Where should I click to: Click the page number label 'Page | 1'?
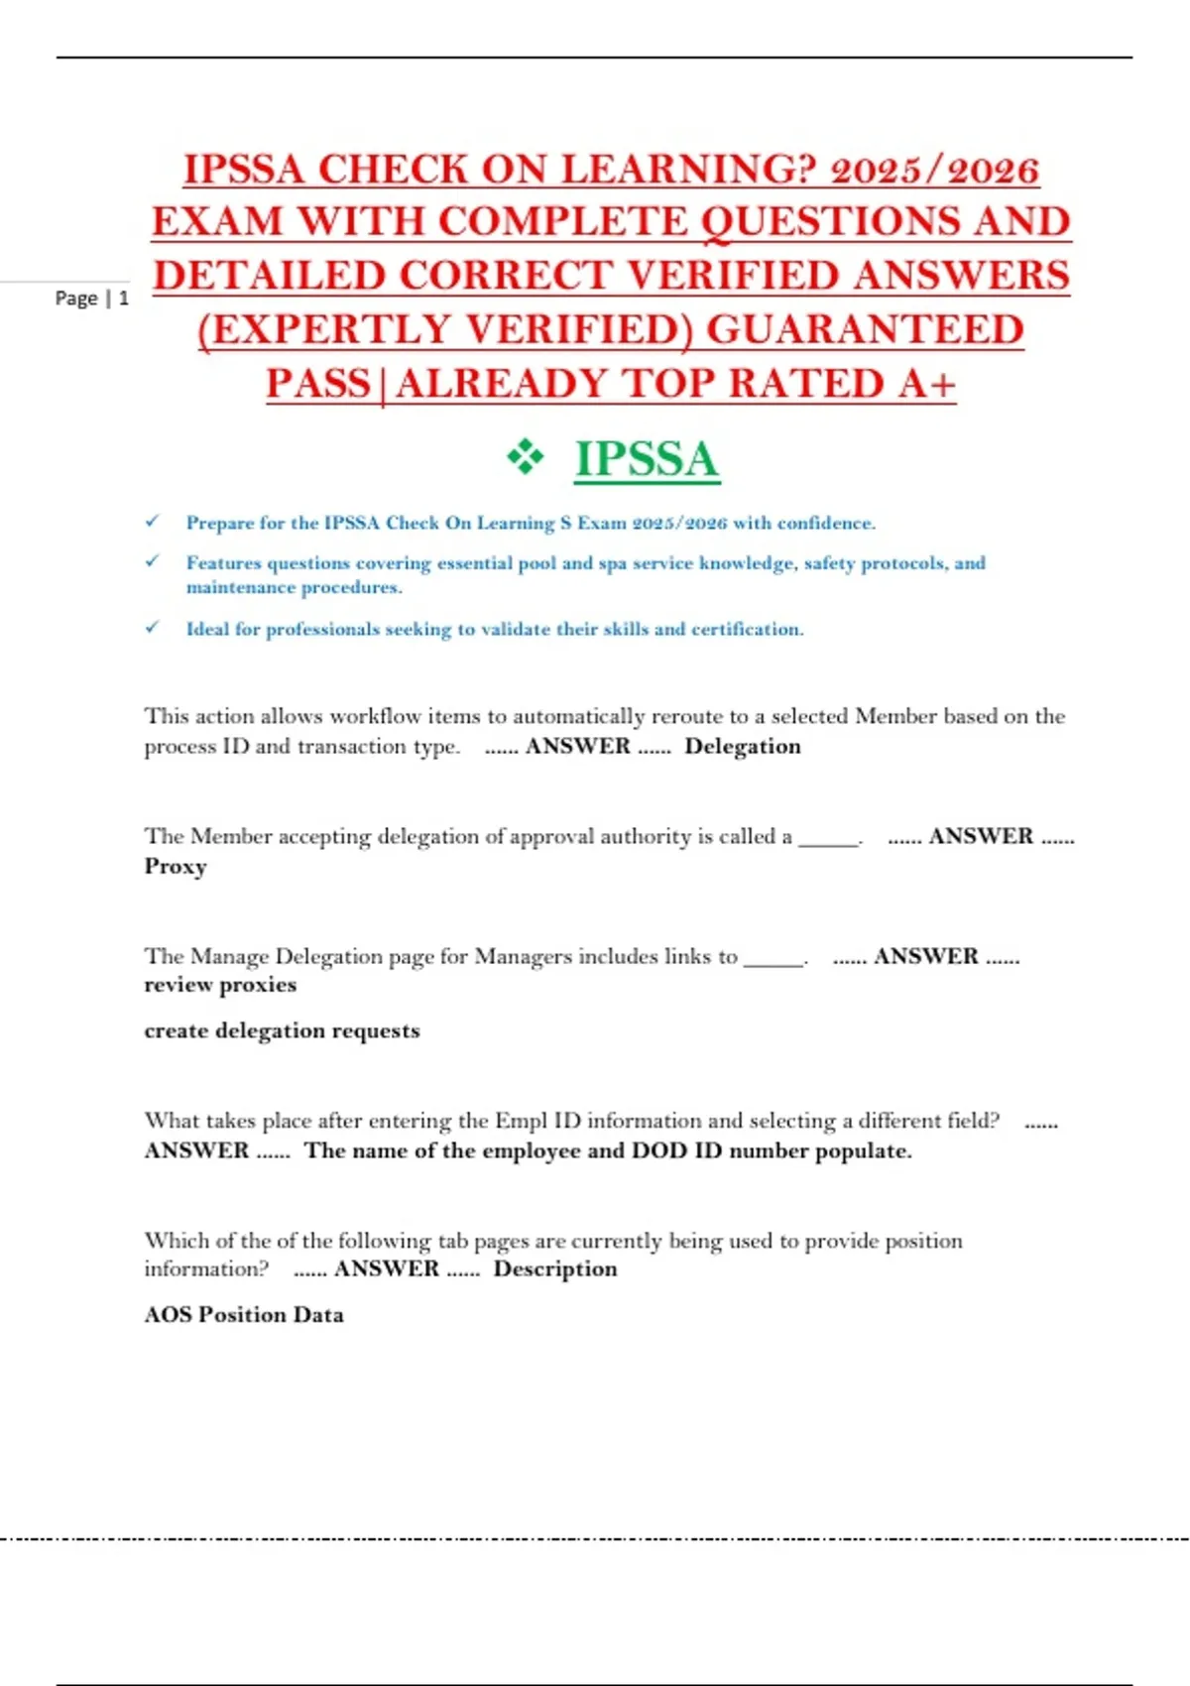coord(91,299)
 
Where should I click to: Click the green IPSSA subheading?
coord(647,460)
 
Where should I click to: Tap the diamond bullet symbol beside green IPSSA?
coord(526,458)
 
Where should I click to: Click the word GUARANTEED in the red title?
coord(865,330)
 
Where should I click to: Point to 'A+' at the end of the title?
coord(927,385)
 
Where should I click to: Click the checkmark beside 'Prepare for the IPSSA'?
coord(153,522)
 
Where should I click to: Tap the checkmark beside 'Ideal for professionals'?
coord(153,628)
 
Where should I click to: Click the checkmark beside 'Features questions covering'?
coord(153,561)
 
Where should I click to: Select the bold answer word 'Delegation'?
coord(743,747)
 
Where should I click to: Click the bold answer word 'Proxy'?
coord(176,867)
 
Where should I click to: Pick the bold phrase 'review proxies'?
coord(220,985)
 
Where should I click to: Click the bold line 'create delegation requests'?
coord(282,1031)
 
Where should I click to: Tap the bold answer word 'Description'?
coord(555,1269)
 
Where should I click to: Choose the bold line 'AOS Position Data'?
coord(244,1315)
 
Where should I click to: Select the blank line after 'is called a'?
coord(829,839)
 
